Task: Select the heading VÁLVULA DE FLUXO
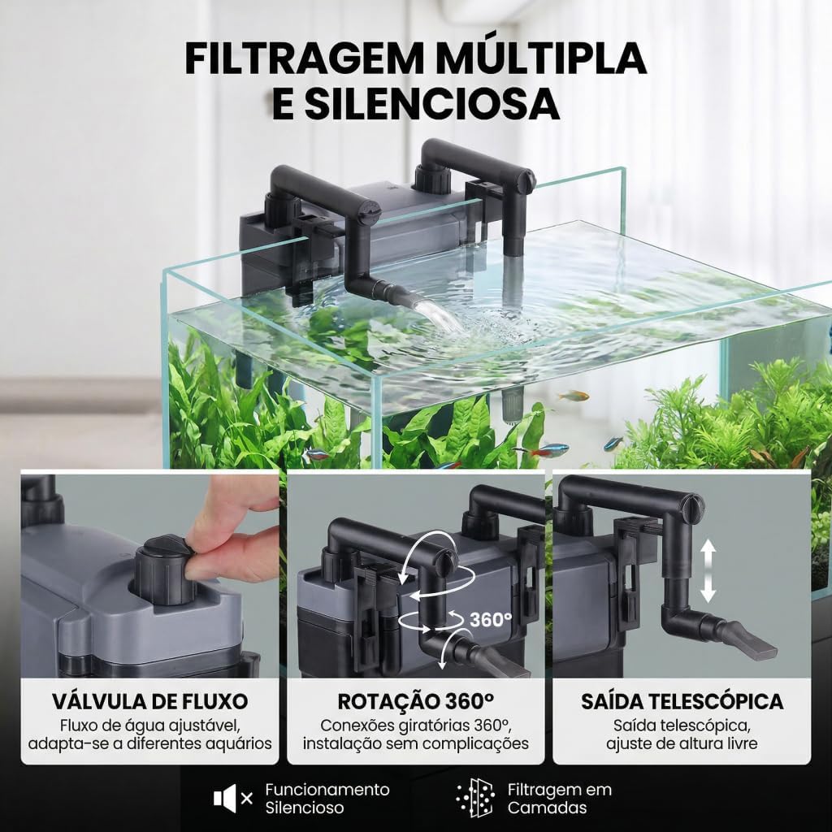tap(150, 701)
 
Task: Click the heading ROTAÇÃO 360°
tap(416, 701)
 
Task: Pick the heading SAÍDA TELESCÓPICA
tap(682, 701)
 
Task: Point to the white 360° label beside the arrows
tap(491, 619)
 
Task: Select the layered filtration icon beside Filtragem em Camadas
tap(475, 798)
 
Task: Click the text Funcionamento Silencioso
tap(327, 799)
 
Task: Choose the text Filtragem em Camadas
tap(559, 799)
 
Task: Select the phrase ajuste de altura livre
tap(682, 743)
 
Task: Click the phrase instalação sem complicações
tap(416, 743)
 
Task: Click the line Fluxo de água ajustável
tap(150, 725)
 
